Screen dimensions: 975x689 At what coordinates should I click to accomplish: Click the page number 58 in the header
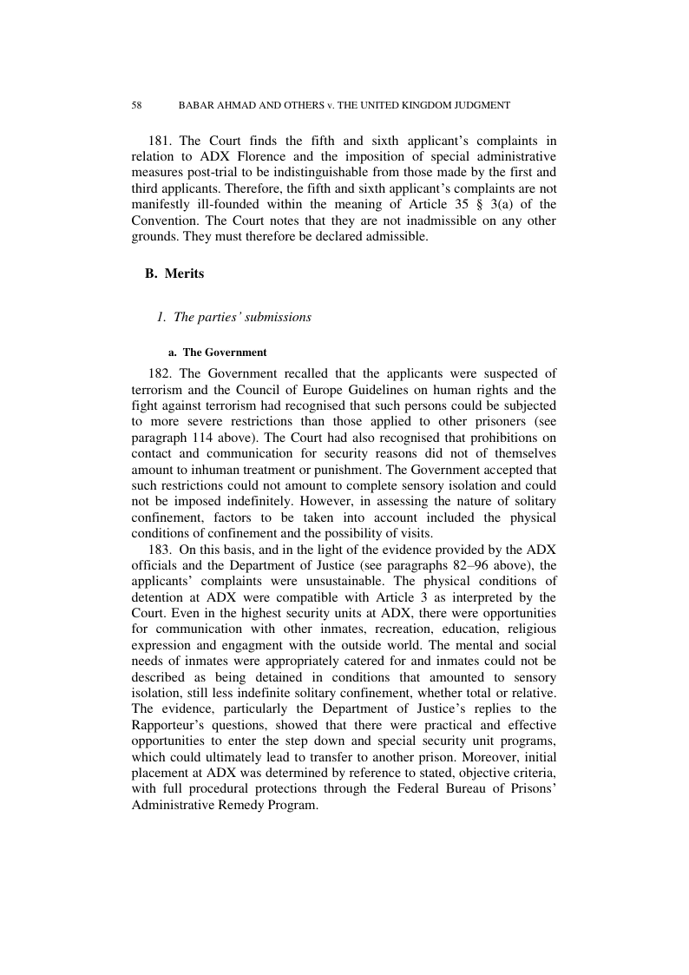pyautogui.click(x=137, y=105)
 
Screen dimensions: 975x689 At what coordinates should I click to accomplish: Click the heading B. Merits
pyautogui.click(x=175, y=274)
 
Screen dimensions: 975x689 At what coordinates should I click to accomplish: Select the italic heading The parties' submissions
pyautogui.click(x=233, y=317)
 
